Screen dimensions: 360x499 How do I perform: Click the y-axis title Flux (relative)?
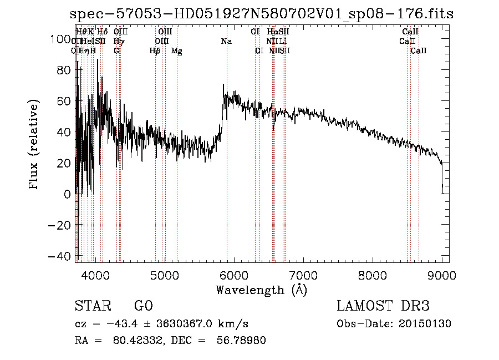click(34, 145)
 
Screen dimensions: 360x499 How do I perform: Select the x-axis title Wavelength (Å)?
click(261, 290)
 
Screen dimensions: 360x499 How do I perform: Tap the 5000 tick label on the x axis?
click(165, 275)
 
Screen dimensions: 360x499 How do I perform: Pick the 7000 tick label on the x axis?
click(303, 275)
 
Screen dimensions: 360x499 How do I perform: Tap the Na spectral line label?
click(226, 41)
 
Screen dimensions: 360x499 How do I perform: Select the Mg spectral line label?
click(176, 51)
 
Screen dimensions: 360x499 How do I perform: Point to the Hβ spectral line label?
click(155, 51)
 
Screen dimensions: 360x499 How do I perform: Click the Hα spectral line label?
click(272, 32)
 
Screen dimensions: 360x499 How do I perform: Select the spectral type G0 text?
click(143, 306)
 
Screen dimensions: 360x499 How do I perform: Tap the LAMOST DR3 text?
click(383, 306)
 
